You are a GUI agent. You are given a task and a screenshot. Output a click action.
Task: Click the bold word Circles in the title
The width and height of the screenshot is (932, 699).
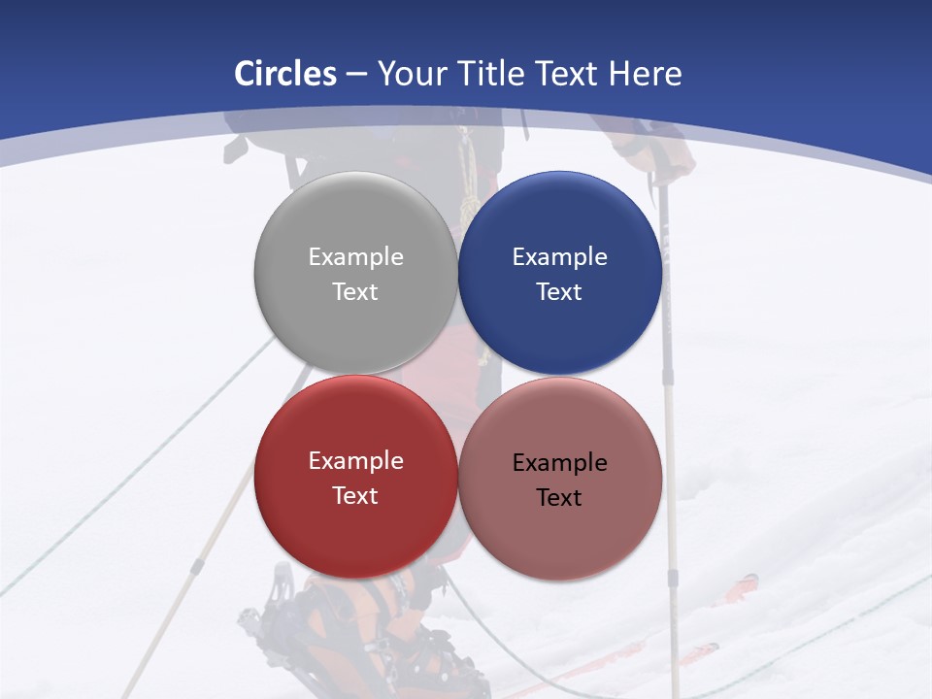click(285, 74)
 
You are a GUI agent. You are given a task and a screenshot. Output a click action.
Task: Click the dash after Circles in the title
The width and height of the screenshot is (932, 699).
click(356, 75)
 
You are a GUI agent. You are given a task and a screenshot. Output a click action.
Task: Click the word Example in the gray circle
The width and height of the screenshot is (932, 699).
click(355, 257)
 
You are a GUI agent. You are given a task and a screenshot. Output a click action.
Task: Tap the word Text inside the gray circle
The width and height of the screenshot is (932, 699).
click(355, 292)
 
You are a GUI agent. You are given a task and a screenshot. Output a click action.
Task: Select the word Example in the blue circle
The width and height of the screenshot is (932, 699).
click(559, 257)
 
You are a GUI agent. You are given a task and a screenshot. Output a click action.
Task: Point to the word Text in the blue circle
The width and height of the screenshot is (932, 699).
click(559, 292)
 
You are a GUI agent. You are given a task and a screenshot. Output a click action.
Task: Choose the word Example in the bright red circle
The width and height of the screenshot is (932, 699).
click(355, 461)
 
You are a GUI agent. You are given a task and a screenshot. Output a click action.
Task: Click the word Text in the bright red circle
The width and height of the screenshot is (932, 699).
click(355, 496)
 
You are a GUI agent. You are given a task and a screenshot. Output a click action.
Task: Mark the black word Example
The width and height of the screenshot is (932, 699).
click(559, 463)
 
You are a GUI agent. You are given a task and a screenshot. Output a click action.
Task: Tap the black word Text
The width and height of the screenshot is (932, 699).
click(559, 498)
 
